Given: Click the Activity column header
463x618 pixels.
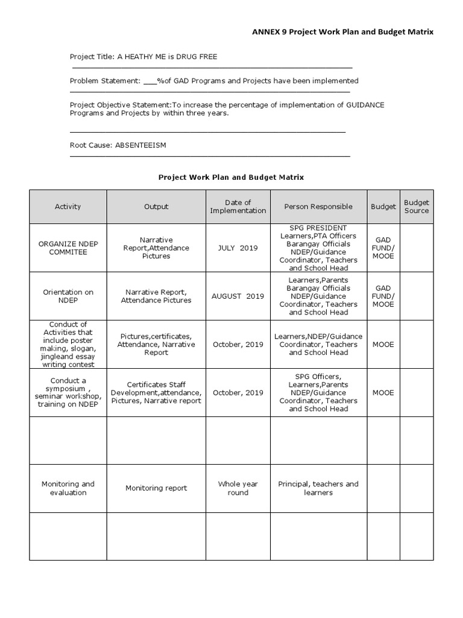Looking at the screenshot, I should pyautogui.click(x=68, y=206).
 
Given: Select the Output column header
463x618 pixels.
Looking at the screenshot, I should pyautogui.click(x=156, y=206).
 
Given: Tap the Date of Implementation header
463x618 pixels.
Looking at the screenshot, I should pyautogui.click(x=238, y=206).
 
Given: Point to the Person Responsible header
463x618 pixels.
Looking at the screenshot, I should pyautogui.click(x=318, y=206).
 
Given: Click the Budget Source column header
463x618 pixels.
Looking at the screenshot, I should pyautogui.click(x=417, y=206).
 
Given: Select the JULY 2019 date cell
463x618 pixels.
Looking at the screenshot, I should pyautogui.click(x=238, y=248).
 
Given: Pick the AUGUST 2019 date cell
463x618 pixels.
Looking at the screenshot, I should pyautogui.click(x=238, y=296).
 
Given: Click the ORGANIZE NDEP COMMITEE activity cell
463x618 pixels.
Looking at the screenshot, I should pyautogui.click(x=68, y=248).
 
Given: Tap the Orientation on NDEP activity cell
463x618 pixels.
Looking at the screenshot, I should pyautogui.click(x=68, y=296).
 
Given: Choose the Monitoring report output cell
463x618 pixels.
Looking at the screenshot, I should pyautogui.click(x=156, y=488).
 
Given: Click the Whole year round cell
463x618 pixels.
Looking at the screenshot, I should pyautogui.click(x=238, y=488).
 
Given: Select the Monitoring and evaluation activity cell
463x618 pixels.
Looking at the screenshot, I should pyautogui.click(x=68, y=488).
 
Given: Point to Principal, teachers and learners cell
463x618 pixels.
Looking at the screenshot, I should pyautogui.click(x=318, y=488).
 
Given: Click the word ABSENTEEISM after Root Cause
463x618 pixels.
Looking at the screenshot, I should pyautogui.click(x=140, y=145).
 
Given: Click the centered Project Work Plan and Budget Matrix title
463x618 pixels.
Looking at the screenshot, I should pyautogui.click(x=231, y=177).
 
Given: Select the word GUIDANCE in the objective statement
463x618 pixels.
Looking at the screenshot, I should pyautogui.click(x=365, y=105).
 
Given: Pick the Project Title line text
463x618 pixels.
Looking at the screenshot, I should pyautogui.click(x=143, y=57).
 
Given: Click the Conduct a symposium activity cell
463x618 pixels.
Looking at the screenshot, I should pyautogui.click(x=68, y=393).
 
